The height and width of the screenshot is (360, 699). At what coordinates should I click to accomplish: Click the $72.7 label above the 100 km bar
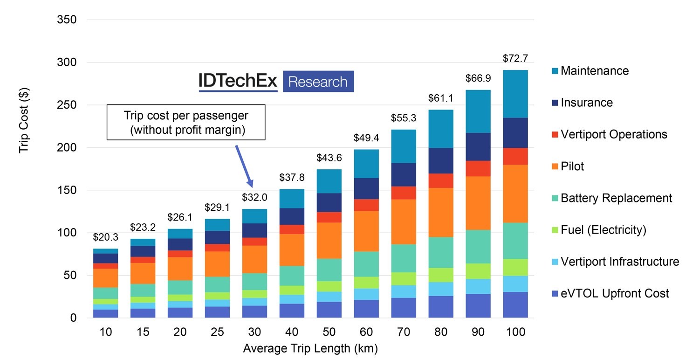tap(515, 59)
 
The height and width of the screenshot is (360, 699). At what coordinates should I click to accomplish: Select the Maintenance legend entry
tap(594, 71)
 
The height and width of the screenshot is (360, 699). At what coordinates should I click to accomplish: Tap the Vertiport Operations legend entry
tap(614, 135)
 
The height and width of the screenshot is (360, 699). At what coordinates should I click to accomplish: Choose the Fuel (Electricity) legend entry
tap(603, 230)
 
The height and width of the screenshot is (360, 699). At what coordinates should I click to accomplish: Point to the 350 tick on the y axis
tap(66, 20)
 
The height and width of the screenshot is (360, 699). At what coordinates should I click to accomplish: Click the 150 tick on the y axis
tap(66, 190)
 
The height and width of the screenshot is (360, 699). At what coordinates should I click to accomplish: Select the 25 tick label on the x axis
tap(217, 332)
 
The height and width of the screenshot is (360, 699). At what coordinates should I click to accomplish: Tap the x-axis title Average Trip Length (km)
tap(310, 348)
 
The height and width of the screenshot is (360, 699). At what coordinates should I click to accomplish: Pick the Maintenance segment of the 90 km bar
tap(478, 111)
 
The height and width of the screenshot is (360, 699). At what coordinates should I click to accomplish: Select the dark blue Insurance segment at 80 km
tap(440, 160)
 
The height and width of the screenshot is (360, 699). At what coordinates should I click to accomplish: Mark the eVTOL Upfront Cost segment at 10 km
tap(105, 313)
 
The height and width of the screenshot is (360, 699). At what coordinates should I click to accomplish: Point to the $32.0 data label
tap(254, 197)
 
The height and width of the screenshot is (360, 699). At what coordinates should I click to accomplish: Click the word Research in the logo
tap(318, 82)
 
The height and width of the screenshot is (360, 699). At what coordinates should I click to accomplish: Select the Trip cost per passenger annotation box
tap(186, 122)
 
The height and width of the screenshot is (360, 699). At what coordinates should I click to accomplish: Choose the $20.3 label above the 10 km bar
tap(105, 237)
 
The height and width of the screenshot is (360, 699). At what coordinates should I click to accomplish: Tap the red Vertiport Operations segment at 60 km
tap(366, 205)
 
